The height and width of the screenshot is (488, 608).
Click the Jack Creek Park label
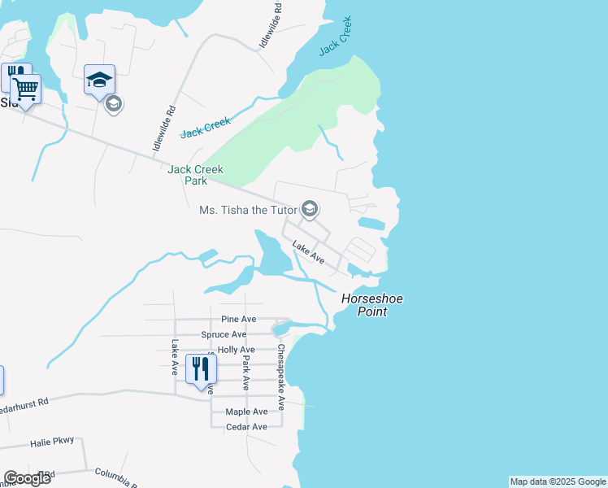point(195,175)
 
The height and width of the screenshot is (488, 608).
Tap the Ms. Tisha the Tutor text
point(247,210)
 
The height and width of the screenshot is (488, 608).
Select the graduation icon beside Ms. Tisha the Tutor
point(309,209)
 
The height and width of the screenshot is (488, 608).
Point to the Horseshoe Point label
point(372,304)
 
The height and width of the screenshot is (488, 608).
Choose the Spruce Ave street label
point(224,334)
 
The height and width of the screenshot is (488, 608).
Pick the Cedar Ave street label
point(246,427)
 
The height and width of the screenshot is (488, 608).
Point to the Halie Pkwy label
point(52,442)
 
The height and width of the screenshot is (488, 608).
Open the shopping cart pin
point(25,89)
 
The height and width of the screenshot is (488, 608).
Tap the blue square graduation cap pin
point(99,81)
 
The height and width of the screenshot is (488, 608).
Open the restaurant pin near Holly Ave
point(201,369)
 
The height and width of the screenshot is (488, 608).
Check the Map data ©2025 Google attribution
point(558,481)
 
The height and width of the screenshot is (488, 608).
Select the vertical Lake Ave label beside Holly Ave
point(175,357)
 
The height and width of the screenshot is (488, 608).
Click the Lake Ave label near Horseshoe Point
point(308,253)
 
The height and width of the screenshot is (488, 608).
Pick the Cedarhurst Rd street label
point(24,404)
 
